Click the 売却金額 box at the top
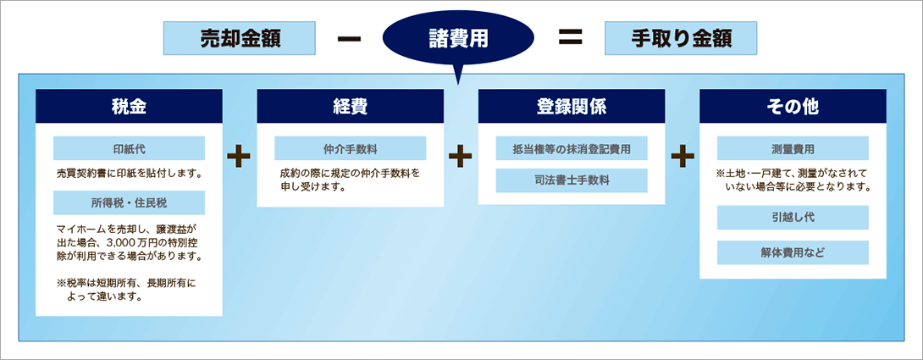(240, 38)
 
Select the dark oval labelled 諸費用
(458, 39)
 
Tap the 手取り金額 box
(681, 38)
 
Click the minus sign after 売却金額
(349, 39)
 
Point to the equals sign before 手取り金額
(570, 39)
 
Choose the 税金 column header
(129, 106)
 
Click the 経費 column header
(351, 106)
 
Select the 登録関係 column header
(572, 106)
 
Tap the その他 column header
(793, 106)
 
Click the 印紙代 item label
(129, 148)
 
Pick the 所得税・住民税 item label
(129, 202)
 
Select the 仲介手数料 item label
(351, 148)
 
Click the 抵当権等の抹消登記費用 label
(572, 148)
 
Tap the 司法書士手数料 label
(572, 180)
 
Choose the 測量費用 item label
(793, 148)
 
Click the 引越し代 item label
(793, 218)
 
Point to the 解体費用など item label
(793, 252)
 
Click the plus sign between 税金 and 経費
(239, 157)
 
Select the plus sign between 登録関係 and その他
(683, 157)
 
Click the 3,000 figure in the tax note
(122, 241)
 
